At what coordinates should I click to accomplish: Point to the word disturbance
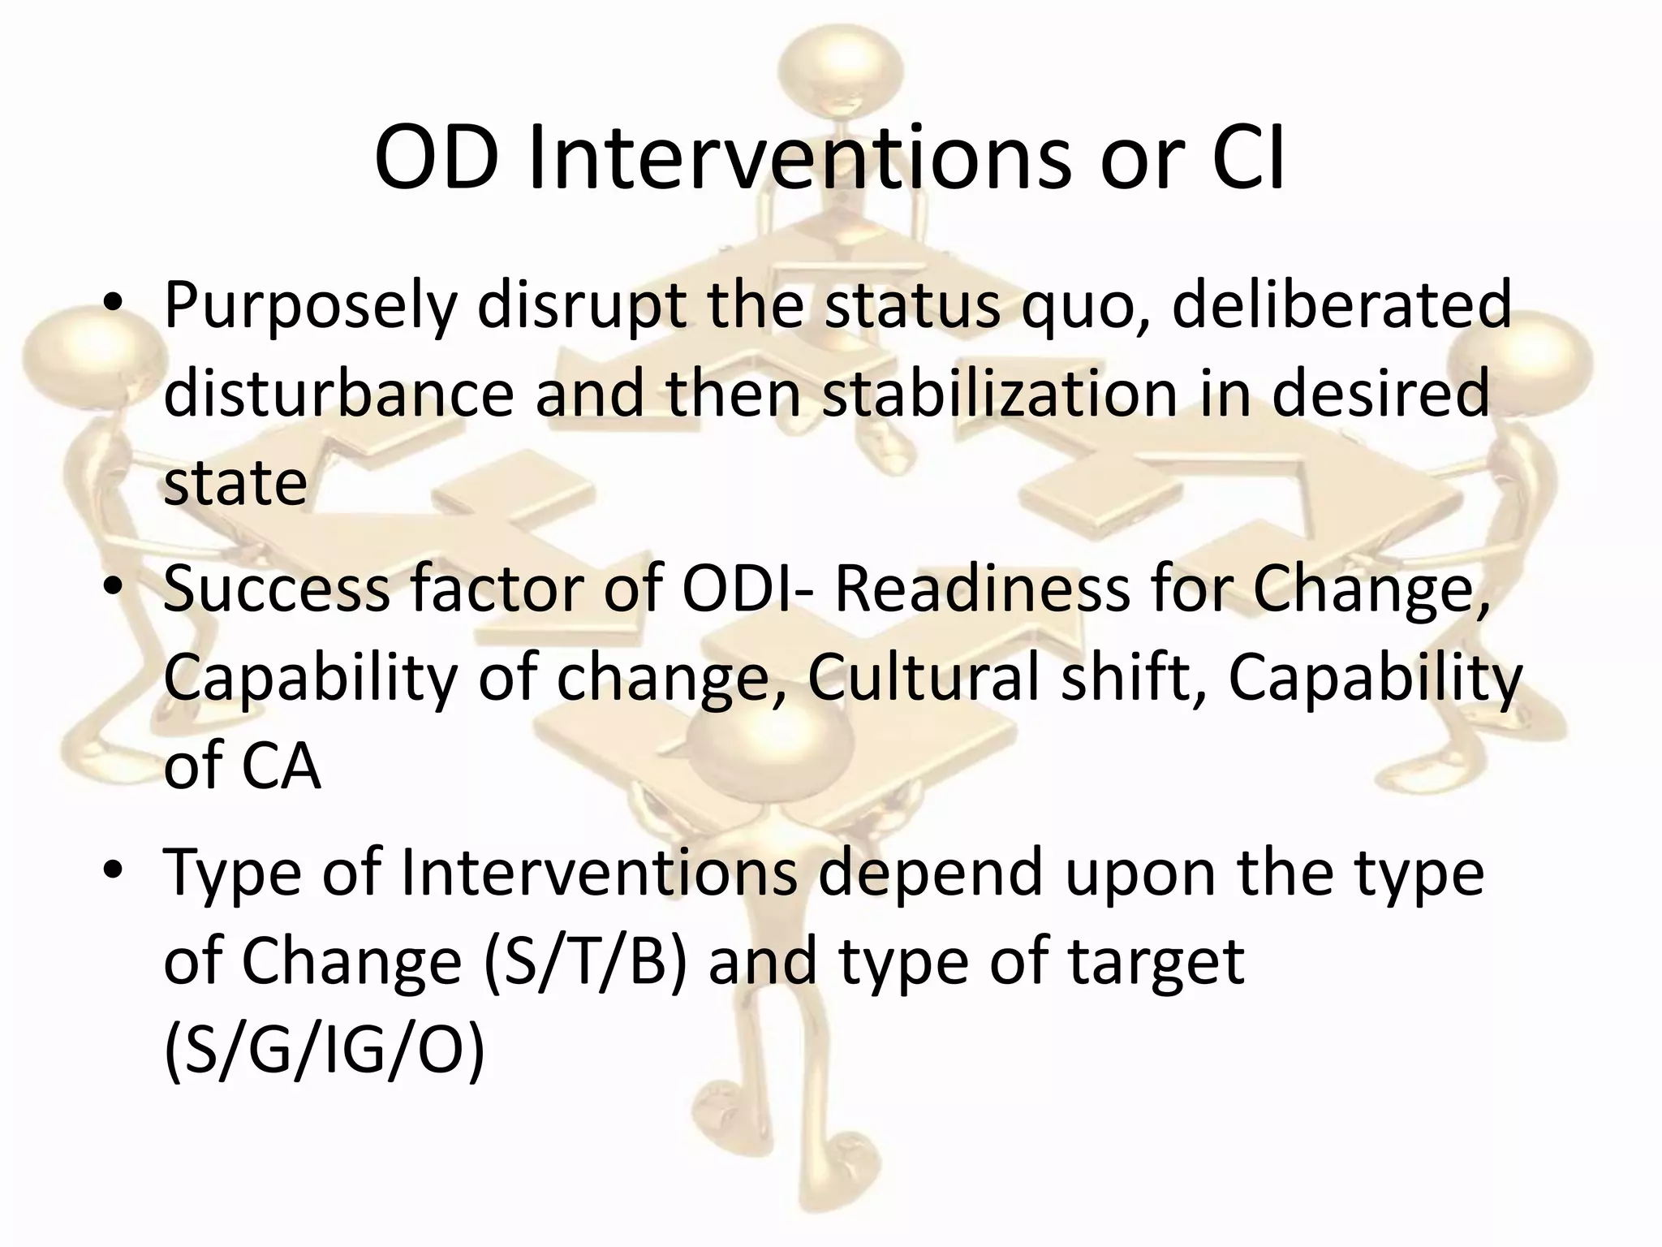(339, 393)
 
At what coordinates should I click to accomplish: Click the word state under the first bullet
(235, 482)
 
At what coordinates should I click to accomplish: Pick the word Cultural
(924, 678)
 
